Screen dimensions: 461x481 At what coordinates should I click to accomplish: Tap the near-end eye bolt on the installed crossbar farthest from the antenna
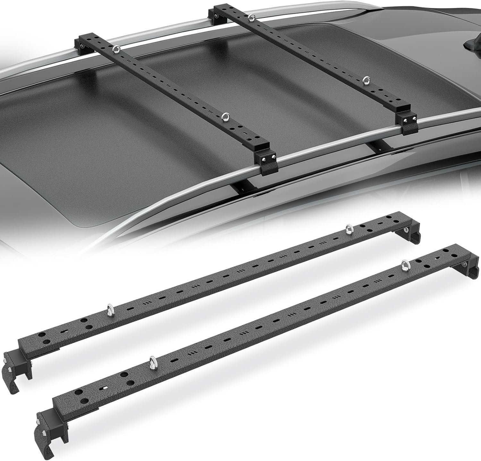[x=225, y=117]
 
